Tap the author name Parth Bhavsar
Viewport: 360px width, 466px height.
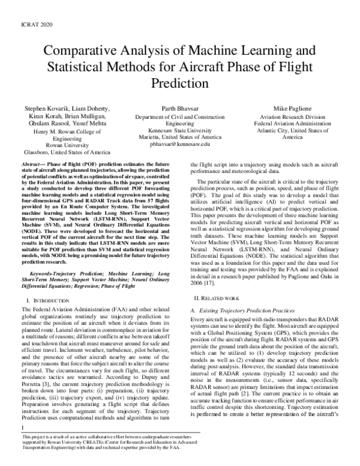pyautogui.click(x=180, y=108)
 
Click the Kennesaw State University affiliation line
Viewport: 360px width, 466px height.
pyautogui.click(x=180, y=130)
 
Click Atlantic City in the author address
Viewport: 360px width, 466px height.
pyautogui.click(x=281, y=130)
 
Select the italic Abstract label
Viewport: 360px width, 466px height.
pyautogui.click(x=33, y=163)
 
